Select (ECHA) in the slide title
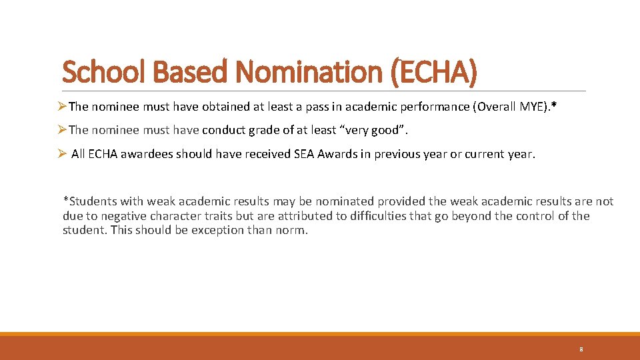click(433, 72)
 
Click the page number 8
click(581, 349)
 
